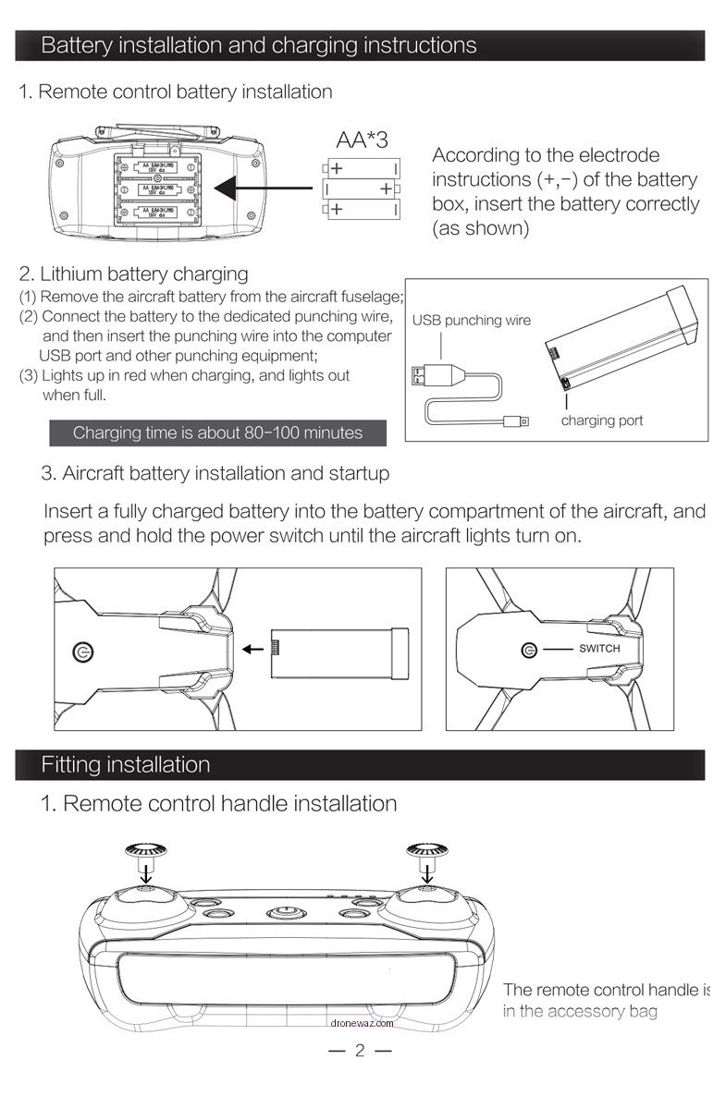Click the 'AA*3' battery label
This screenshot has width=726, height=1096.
click(362, 140)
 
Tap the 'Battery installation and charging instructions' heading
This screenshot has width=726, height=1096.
click(259, 45)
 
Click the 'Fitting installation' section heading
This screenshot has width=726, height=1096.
click(126, 765)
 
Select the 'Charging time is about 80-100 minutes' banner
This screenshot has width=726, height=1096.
click(217, 432)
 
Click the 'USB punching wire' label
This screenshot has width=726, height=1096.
click(472, 321)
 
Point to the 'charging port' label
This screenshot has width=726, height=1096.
click(602, 420)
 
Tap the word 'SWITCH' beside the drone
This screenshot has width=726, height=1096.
click(599, 649)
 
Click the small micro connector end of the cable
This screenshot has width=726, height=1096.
click(519, 421)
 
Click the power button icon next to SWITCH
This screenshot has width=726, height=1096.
click(529, 650)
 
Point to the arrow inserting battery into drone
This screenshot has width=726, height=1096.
click(251, 648)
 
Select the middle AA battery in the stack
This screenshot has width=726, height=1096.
click(361, 189)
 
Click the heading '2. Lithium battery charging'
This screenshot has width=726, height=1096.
click(134, 274)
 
